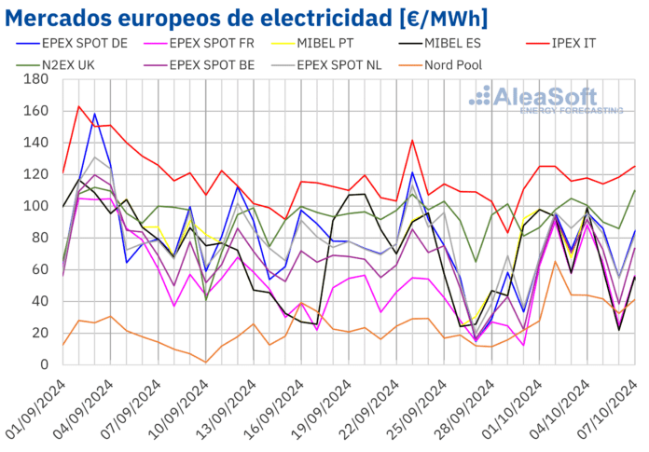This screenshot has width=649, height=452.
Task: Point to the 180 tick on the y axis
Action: click(35, 79)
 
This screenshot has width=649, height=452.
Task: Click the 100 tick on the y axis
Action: click(35, 206)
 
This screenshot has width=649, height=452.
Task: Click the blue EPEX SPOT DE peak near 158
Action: click(94, 114)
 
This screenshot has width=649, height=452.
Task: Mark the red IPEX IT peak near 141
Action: click(412, 141)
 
